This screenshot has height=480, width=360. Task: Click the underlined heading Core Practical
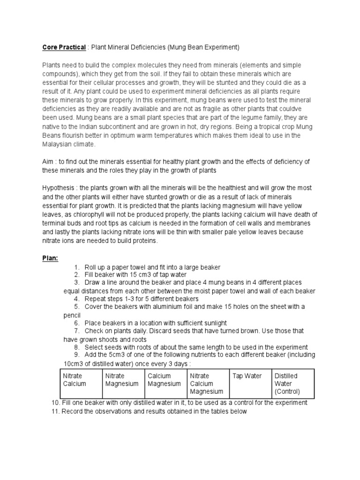64,47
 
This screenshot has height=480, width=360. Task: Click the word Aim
49,162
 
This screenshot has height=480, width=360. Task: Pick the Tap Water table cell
247,376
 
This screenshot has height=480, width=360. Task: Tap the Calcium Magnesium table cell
165,380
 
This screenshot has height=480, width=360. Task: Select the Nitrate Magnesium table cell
122,380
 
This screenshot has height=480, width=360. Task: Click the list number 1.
77,267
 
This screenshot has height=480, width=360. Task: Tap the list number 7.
77,331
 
